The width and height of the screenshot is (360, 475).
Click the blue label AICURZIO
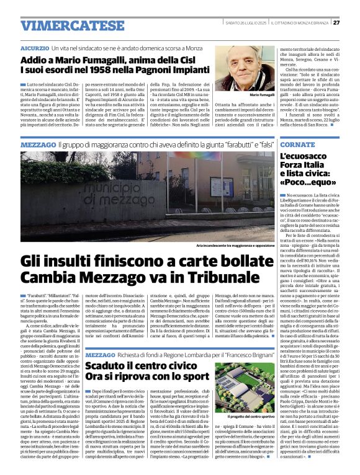tap(34, 48)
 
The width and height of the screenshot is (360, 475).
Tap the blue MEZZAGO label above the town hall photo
tap(37, 144)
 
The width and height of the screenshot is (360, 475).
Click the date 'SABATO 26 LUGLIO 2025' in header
tap(245, 22)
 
